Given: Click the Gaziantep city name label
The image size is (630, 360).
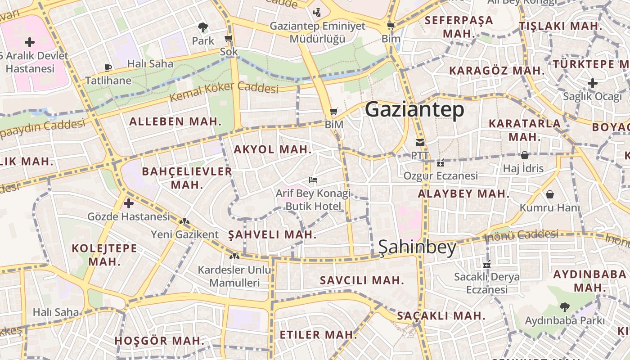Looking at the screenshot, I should (x=414, y=110).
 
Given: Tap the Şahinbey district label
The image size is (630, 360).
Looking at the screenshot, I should (x=417, y=247).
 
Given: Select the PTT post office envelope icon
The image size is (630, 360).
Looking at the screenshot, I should (x=419, y=143).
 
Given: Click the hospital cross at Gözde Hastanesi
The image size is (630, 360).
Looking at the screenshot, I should (x=129, y=203).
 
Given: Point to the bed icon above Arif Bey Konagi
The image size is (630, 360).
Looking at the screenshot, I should (x=313, y=180).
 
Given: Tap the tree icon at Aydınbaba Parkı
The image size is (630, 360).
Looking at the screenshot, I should (x=564, y=307).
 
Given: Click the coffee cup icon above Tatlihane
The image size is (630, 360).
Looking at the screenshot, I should (x=108, y=68).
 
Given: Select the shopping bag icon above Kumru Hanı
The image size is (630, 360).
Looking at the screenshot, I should (x=549, y=194).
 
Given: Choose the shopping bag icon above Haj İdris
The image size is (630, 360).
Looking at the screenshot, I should (x=524, y=155).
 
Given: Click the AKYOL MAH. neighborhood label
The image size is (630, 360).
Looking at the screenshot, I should (x=273, y=149).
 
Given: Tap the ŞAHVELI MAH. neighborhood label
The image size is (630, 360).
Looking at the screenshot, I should (x=272, y=234).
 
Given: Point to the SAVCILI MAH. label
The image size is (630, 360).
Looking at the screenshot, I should (x=362, y=280).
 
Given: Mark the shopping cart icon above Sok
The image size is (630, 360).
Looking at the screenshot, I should (x=229, y=39).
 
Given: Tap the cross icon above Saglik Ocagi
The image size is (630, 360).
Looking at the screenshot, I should (x=593, y=83).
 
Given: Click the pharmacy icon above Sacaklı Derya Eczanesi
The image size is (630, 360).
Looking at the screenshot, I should (x=486, y=265).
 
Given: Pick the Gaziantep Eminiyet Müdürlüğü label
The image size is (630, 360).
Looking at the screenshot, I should (x=317, y=32).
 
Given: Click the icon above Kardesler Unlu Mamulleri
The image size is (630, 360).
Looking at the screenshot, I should (x=234, y=256).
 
